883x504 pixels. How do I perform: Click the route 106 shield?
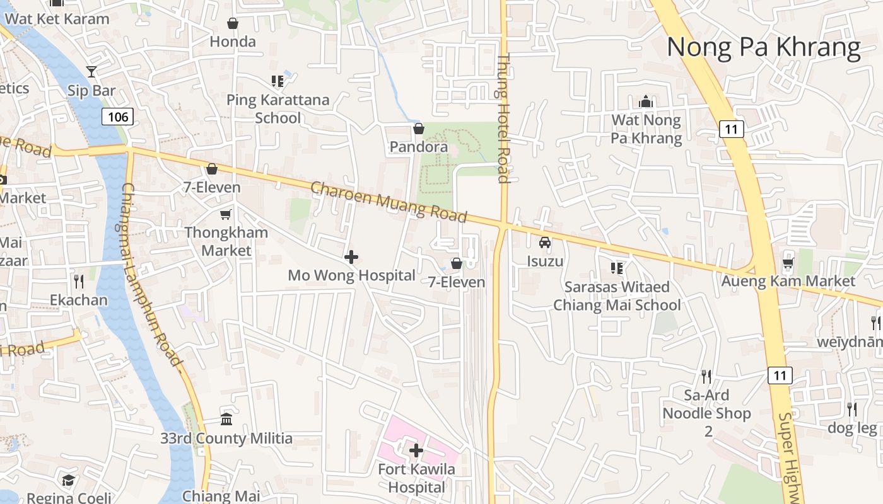point(118,116)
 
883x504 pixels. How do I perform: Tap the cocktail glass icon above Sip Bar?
point(91,72)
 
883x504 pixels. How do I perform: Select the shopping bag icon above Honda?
point(233,24)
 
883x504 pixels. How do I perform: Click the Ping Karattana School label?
point(278,109)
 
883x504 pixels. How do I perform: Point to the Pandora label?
point(419,147)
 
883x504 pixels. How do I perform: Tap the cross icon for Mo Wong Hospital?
point(351,257)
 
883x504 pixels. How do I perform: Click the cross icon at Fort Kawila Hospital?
point(416,450)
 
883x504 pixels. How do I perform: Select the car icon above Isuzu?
point(545,243)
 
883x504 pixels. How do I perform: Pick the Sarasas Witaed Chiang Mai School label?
point(617,296)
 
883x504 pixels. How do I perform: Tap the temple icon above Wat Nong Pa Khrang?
point(645,101)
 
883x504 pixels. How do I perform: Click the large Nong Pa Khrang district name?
point(763,48)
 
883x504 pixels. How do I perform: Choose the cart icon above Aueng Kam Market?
point(788,262)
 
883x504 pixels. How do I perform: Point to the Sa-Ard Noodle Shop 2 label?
point(707,413)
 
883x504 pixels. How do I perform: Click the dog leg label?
point(852,428)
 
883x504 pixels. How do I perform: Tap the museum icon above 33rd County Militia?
point(226,419)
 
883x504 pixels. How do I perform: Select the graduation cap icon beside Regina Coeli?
point(68,481)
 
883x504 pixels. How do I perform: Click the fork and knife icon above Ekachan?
point(79,281)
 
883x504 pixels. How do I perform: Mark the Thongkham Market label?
point(226,241)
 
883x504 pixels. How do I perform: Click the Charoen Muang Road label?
point(389,202)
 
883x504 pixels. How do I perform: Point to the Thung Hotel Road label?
point(503,118)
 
